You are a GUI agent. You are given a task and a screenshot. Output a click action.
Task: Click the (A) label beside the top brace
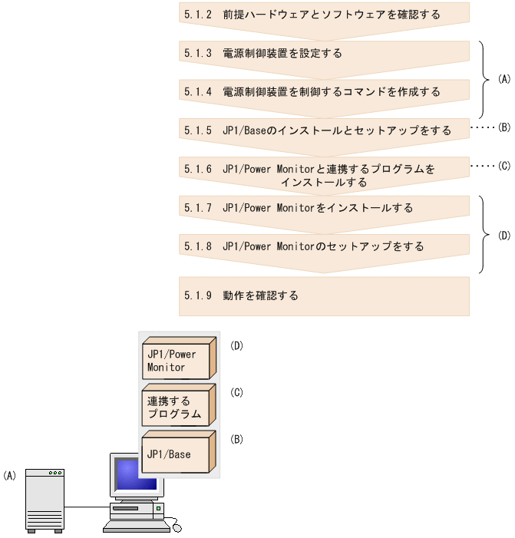[503, 79]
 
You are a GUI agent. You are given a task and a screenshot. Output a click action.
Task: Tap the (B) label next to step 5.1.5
[503, 127]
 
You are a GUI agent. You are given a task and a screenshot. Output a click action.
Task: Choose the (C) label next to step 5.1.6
[503, 166]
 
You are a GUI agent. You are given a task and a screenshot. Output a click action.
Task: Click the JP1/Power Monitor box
[176, 358]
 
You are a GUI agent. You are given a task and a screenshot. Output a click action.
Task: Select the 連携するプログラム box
[176, 405]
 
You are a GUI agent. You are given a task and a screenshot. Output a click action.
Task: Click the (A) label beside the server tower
[10, 476]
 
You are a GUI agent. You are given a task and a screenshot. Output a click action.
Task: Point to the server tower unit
[45, 499]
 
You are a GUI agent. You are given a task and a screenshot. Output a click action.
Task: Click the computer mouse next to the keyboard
[178, 527]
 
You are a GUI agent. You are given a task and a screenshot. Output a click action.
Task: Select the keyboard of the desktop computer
[137, 526]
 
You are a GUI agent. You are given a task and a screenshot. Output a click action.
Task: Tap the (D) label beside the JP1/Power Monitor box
[236, 346]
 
